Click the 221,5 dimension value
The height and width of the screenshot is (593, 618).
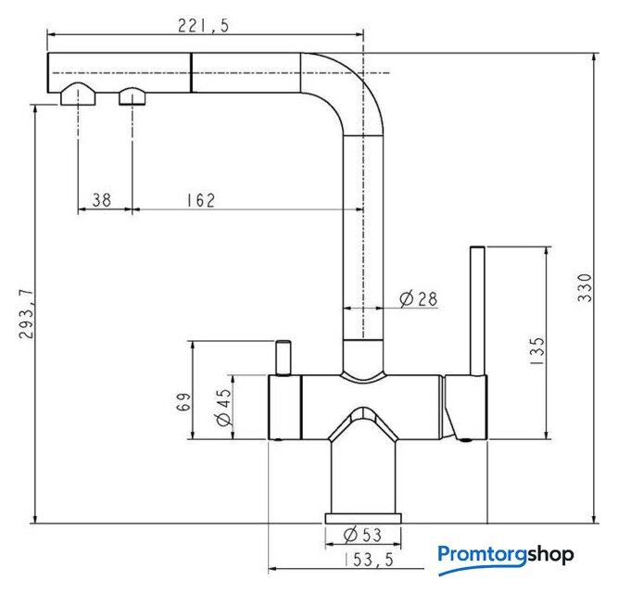(x=203, y=26)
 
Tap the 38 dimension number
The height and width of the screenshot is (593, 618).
(x=102, y=200)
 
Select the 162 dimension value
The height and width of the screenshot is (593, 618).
(x=201, y=200)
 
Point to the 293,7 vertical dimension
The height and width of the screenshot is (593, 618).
(x=27, y=314)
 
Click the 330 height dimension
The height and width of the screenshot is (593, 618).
(x=585, y=287)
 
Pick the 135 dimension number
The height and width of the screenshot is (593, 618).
(x=536, y=350)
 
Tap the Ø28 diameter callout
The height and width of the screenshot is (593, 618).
(x=418, y=299)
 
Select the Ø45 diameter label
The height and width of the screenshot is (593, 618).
(x=224, y=408)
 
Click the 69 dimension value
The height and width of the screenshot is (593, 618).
(x=183, y=402)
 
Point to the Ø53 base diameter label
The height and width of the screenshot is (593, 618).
(x=362, y=535)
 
